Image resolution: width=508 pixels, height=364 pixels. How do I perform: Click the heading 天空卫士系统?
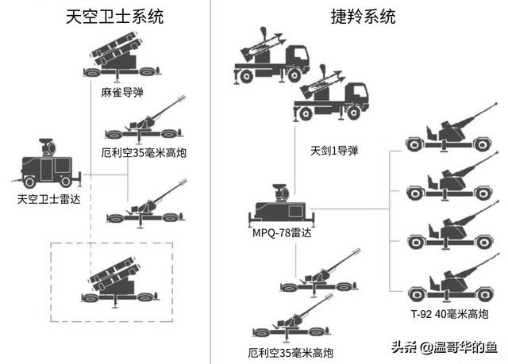(x=115, y=17)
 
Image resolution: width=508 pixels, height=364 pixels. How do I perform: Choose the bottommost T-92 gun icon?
(x=448, y=282)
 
